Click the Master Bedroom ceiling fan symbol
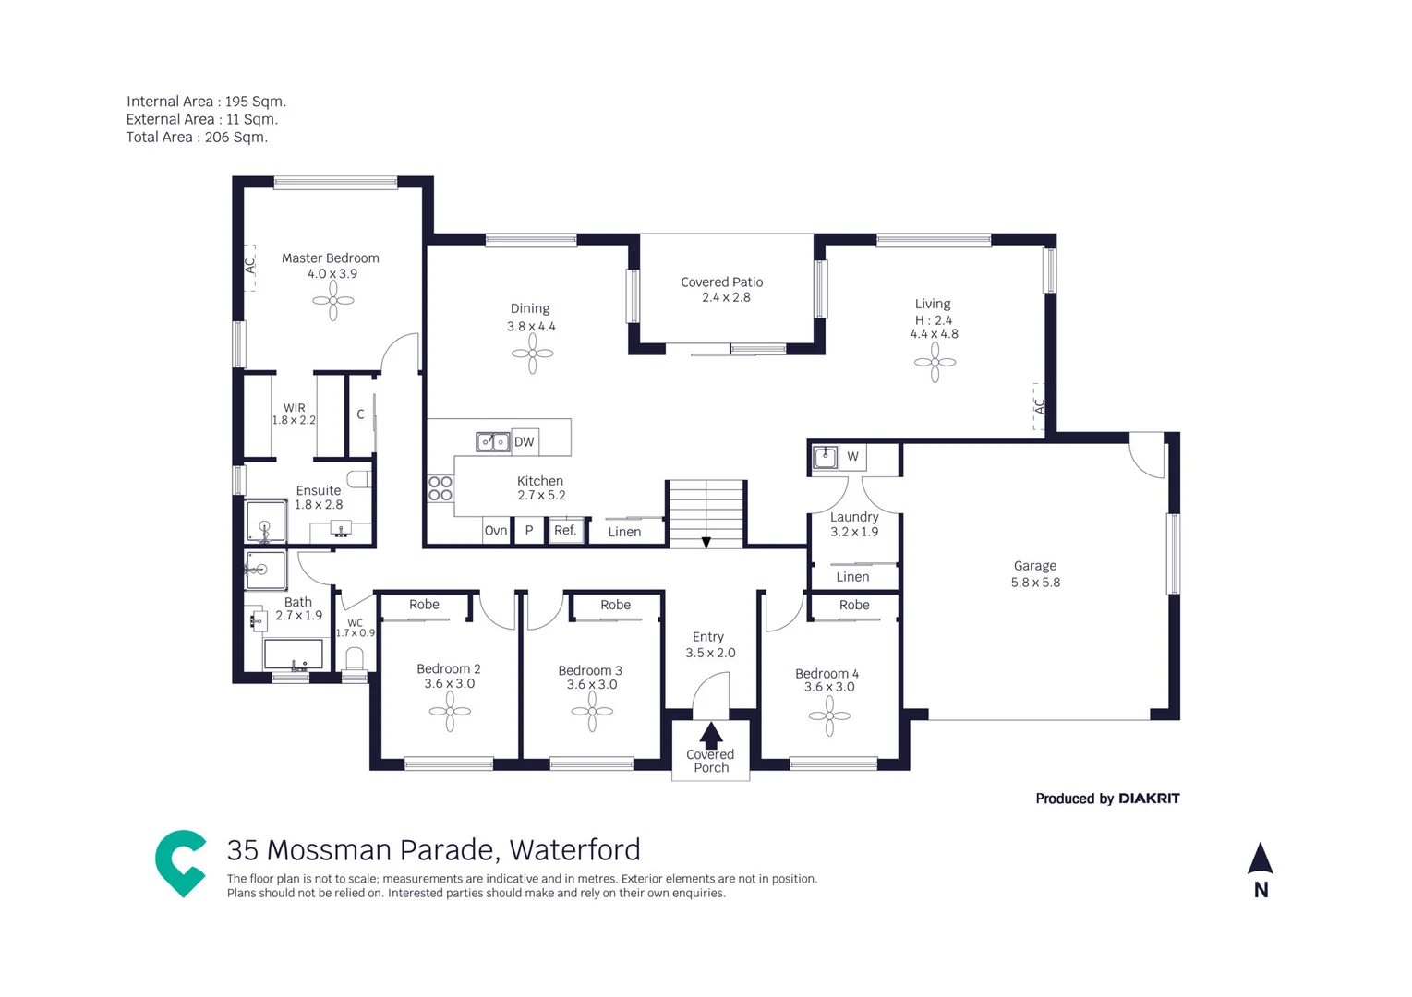333,301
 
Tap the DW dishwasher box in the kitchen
525,442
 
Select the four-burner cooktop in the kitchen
440,488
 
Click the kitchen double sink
492,442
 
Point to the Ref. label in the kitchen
565,531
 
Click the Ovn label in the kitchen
496,531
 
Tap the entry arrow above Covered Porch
710,735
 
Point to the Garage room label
1035,566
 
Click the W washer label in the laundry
852,457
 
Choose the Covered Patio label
721,282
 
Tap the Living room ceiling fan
935,363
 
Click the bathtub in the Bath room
294,655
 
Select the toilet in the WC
355,659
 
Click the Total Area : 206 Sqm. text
197,138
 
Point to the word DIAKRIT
1149,799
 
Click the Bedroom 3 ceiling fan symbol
592,712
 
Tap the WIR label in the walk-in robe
295,408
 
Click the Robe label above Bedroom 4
854,606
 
